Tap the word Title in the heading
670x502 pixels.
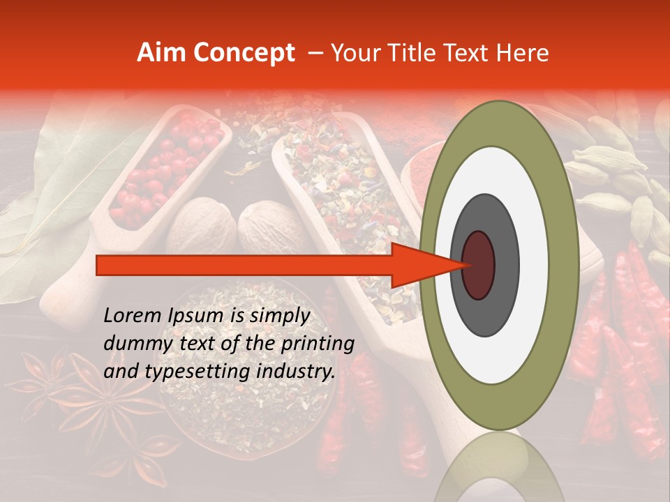tap(412, 53)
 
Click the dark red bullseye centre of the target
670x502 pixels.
tap(479, 265)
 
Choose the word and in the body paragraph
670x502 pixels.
tap(121, 372)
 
